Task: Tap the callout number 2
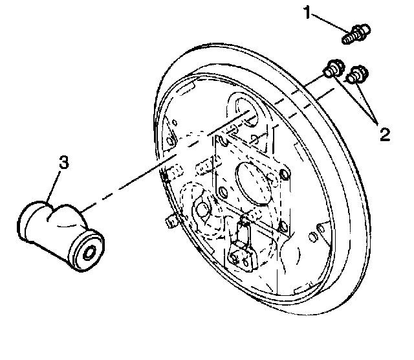[x=384, y=135]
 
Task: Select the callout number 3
[x=63, y=163]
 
